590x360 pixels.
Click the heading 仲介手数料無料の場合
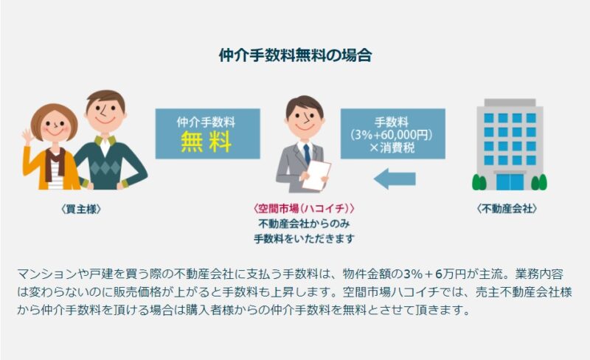[x=296, y=55]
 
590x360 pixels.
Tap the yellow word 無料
[x=206, y=142]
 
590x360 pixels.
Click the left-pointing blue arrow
[x=395, y=179]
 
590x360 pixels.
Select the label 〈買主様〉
[x=81, y=209]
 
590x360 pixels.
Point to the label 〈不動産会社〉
[x=507, y=208]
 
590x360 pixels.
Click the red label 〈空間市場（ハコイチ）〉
[x=304, y=208]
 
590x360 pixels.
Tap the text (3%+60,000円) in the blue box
[x=392, y=134]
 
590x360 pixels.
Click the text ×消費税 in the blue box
[x=392, y=148]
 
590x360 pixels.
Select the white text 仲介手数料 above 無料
[x=206, y=122]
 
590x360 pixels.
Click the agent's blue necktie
[x=307, y=153]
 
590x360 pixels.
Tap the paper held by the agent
[x=316, y=175]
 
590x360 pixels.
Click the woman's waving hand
[x=27, y=138]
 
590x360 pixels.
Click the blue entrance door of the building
[x=510, y=181]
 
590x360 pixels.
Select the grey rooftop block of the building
[x=510, y=103]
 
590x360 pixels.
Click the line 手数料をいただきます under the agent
[x=304, y=239]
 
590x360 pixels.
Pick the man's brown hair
[x=105, y=99]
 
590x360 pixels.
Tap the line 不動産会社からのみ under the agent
[x=304, y=224]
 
